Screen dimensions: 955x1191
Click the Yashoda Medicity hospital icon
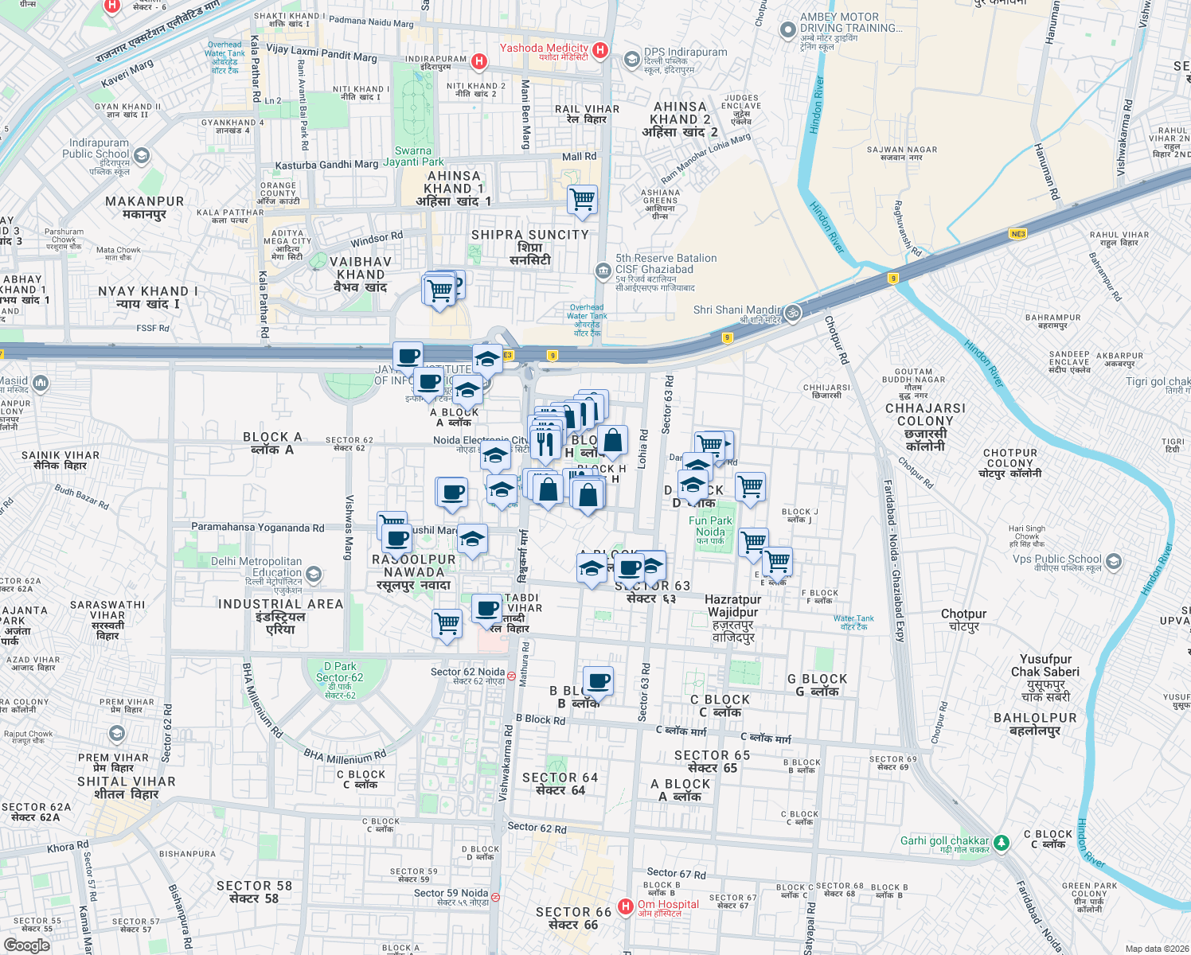pyautogui.click(x=600, y=51)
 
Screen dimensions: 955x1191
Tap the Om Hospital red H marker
pyautogui.click(x=626, y=906)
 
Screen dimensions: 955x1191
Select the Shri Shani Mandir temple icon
pyautogui.click(x=792, y=313)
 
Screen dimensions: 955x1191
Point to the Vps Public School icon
pyautogui.click(x=1113, y=561)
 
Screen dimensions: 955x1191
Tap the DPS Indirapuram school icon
pyautogui.click(x=631, y=58)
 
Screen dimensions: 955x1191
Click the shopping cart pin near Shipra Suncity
pyautogui.click(x=582, y=199)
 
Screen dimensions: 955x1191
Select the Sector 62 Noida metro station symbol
pyautogui.click(x=511, y=676)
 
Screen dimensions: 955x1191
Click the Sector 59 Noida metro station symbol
pyautogui.click(x=495, y=897)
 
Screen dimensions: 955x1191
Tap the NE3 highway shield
pyautogui.click(x=1017, y=234)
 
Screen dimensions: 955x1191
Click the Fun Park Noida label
pyautogui.click(x=710, y=526)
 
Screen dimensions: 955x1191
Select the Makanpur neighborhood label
pyautogui.click(x=144, y=208)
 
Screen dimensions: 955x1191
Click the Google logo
pyautogui.click(x=26, y=945)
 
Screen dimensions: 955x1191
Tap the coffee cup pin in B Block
pyautogui.click(x=598, y=681)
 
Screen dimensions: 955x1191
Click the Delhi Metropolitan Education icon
pyautogui.click(x=314, y=574)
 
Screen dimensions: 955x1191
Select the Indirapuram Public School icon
pyautogui.click(x=142, y=154)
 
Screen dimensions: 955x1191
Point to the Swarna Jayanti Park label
pyautogui.click(x=413, y=156)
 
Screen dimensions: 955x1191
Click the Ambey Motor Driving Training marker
pyautogui.click(x=787, y=30)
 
